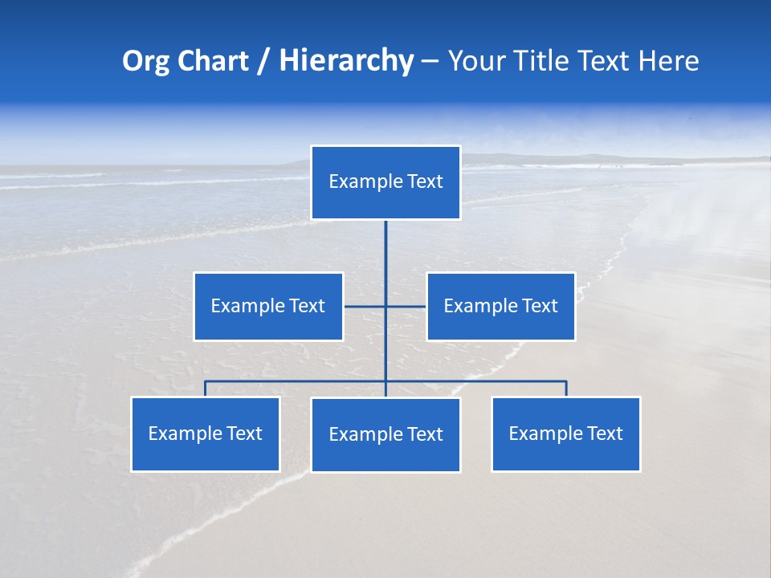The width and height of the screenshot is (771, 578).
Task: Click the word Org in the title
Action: pyautogui.click(x=145, y=61)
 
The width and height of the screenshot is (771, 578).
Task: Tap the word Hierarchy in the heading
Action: pyautogui.click(x=346, y=61)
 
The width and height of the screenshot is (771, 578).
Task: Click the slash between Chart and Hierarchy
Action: pyautogui.click(x=264, y=62)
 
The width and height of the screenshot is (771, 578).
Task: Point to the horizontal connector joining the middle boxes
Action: pyautogui.click(x=406, y=306)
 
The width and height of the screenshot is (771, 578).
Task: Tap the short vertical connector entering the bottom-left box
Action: pyautogui.click(x=206, y=389)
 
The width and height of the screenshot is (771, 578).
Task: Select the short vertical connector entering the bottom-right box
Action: pyautogui.click(x=566, y=389)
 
